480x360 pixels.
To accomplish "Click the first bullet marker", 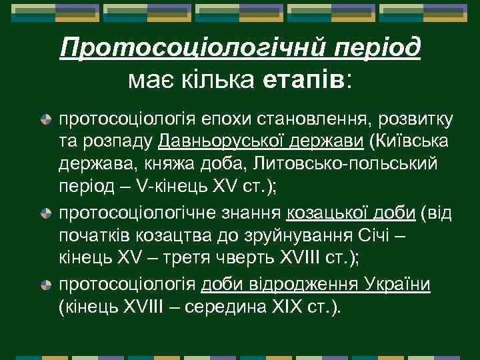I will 46,121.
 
